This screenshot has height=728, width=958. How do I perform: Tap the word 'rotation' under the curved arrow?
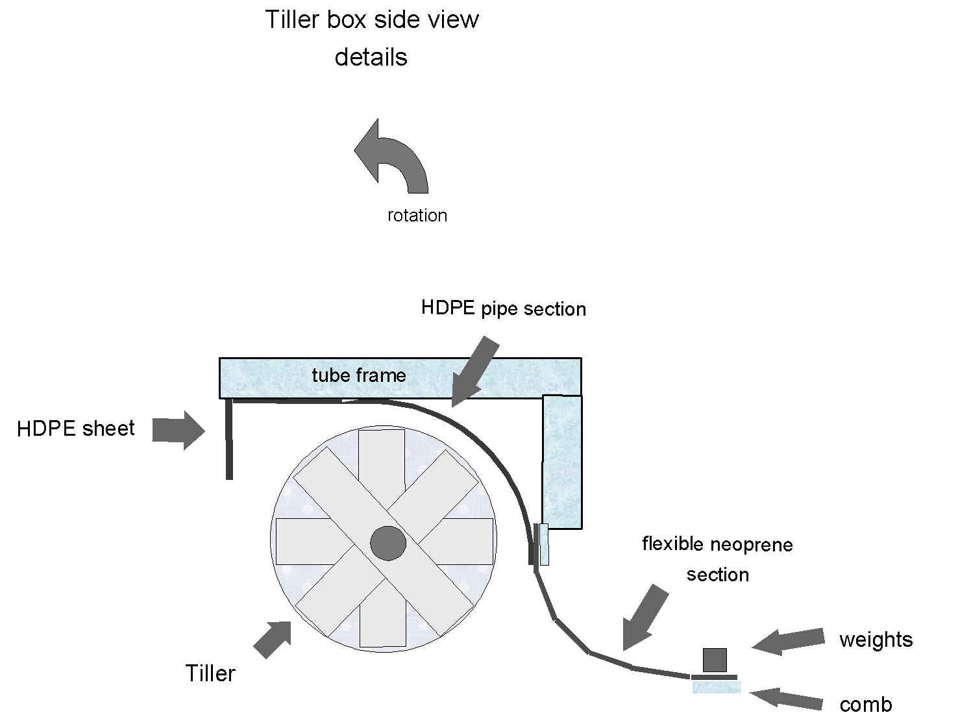[417, 216]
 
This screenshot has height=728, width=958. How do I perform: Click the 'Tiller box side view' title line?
[371, 19]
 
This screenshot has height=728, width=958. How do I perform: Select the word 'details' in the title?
[371, 57]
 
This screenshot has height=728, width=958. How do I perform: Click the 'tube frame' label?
[358, 375]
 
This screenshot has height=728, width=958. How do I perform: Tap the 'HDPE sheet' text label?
[76, 429]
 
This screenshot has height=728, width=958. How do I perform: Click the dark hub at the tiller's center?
[388, 543]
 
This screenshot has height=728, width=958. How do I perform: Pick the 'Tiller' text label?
[210, 673]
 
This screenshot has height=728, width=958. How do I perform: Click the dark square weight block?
[715, 660]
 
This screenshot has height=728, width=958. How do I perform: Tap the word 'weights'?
[876, 640]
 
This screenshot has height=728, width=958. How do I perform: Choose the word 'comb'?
[865, 705]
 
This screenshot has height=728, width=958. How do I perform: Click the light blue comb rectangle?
[717, 687]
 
